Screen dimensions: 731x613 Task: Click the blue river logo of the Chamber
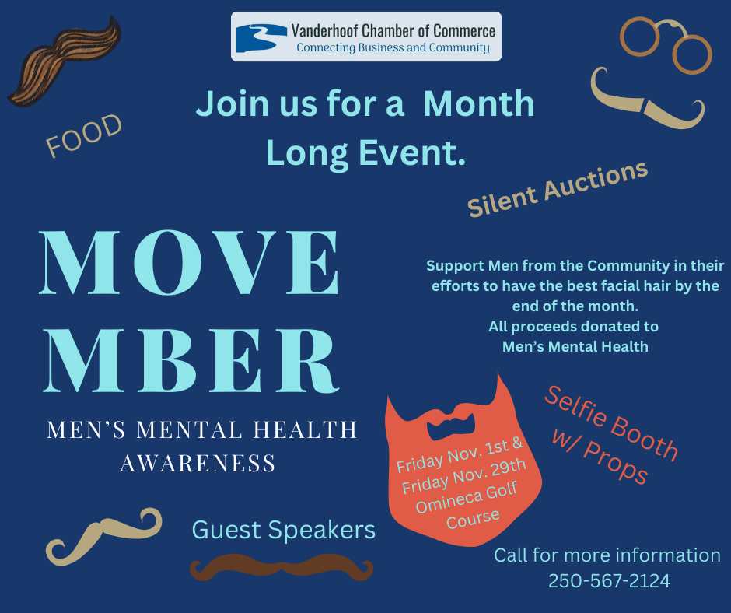point(261,38)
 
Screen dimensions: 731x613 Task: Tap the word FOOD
point(83,135)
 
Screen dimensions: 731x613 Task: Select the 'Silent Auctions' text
point(558,188)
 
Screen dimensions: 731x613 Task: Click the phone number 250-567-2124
point(609,581)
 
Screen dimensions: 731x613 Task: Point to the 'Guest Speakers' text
point(283,530)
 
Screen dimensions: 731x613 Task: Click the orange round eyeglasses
point(666,45)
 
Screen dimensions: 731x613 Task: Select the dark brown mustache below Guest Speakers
point(281,567)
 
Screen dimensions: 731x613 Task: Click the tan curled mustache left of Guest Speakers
point(103,536)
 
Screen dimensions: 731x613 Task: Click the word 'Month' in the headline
point(479,103)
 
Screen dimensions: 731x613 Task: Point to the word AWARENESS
point(198,463)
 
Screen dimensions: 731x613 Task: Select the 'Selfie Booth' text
point(611,424)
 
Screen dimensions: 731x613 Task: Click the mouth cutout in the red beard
point(451,425)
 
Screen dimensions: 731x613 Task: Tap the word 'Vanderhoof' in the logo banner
point(325,31)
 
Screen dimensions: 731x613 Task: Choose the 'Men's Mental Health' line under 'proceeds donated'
point(575,347)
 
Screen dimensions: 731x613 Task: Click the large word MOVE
point(190,263)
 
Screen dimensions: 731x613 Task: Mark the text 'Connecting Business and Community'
point(393,47)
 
